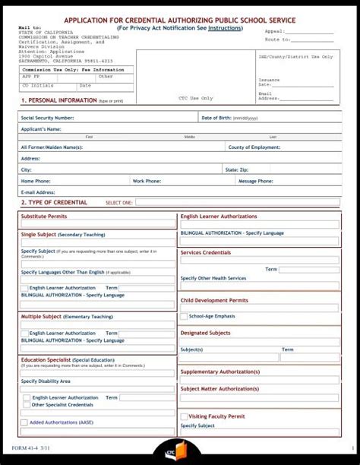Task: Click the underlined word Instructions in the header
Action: [226, 28]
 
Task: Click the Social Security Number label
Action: [47, 118]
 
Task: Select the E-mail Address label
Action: [38, 192]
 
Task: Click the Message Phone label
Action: [255, 181]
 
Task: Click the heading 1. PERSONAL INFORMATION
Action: [58, 100]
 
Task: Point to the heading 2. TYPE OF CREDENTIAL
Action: [54, 203]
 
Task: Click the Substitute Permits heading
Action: [44, 217]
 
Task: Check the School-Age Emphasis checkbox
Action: [184, 316]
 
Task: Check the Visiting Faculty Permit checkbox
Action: [184, 416]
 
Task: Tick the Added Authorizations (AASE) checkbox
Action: [25, 422]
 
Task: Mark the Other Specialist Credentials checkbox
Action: [27, 405]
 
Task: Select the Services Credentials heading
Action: [206, 252]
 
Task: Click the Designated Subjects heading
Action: [205, 333]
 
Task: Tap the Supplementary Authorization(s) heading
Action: [219, 372]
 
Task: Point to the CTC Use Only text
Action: [196, 98]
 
